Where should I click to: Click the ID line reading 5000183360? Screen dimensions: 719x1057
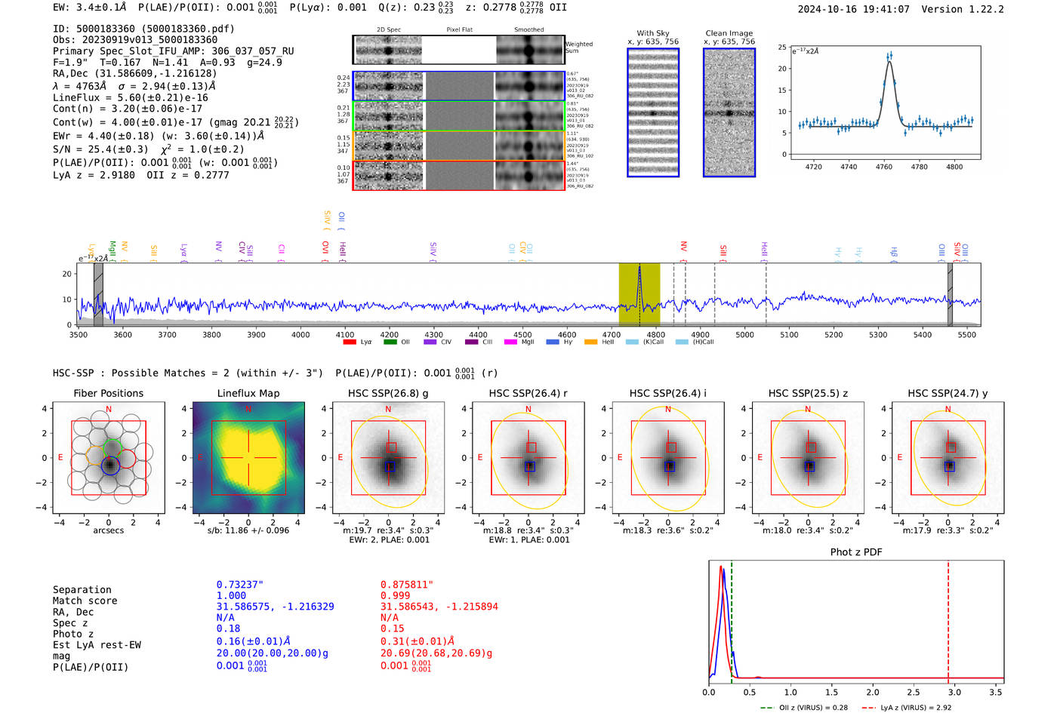(x=143, y=29)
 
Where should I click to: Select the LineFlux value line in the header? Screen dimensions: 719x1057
(x=130, y=97)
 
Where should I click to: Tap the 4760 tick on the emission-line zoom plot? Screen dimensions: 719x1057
(x=883, y=166)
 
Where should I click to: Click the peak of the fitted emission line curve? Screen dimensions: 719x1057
(x=889, y=62)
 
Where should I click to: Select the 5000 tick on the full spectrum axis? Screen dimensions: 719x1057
(x=744, y=334)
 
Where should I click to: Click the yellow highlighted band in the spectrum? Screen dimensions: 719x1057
(x=639, y=294)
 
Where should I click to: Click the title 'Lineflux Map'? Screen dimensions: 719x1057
(x=248, y=393)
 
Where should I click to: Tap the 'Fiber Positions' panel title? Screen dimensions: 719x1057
(x=109, y=393)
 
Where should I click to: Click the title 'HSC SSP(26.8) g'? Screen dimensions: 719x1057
(x=388, y=393)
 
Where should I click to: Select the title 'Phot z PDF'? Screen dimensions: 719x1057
(x=856, y=552)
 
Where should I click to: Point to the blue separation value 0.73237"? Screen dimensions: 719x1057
(x=239, y=585)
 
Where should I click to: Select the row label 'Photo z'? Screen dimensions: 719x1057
(x=73, y=634)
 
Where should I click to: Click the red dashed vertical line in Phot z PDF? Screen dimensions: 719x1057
(x=948, y=619)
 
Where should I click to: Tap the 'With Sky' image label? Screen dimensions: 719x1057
(x=653, y=33)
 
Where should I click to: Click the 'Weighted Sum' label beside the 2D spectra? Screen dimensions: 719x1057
(x=579, y=48)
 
